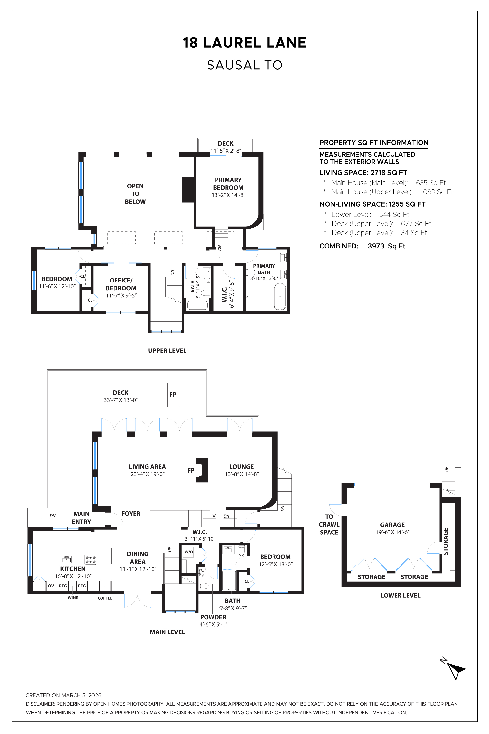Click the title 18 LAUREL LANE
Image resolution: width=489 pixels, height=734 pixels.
click(x=245, y=43)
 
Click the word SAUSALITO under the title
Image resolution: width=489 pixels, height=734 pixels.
click(x=245, y=65)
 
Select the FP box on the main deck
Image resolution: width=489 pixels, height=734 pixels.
click(x=173, y=395)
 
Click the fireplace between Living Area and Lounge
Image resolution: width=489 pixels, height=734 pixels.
click(x=202, y=470)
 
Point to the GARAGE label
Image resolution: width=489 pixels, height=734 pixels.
click(x=392, y=525)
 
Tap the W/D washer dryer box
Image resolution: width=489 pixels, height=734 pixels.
click(x=189, y=552)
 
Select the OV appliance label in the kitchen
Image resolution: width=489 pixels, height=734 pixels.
click(x=51, y=586)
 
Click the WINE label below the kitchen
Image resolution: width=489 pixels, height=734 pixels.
click(x=73, y=598)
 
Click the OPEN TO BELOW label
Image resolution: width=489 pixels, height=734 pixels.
click(x=135, y=194)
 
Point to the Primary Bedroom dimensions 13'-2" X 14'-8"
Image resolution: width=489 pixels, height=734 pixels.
click(x=228, y=195)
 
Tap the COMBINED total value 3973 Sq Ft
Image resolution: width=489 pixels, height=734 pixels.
click(x=387, y=246)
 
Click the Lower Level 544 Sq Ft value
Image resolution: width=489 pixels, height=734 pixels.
click(x=394, y=215)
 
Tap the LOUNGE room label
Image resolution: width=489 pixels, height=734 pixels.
click(x=241, y=467)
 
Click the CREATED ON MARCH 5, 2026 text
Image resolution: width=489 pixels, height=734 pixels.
click(x=63, y=695)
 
